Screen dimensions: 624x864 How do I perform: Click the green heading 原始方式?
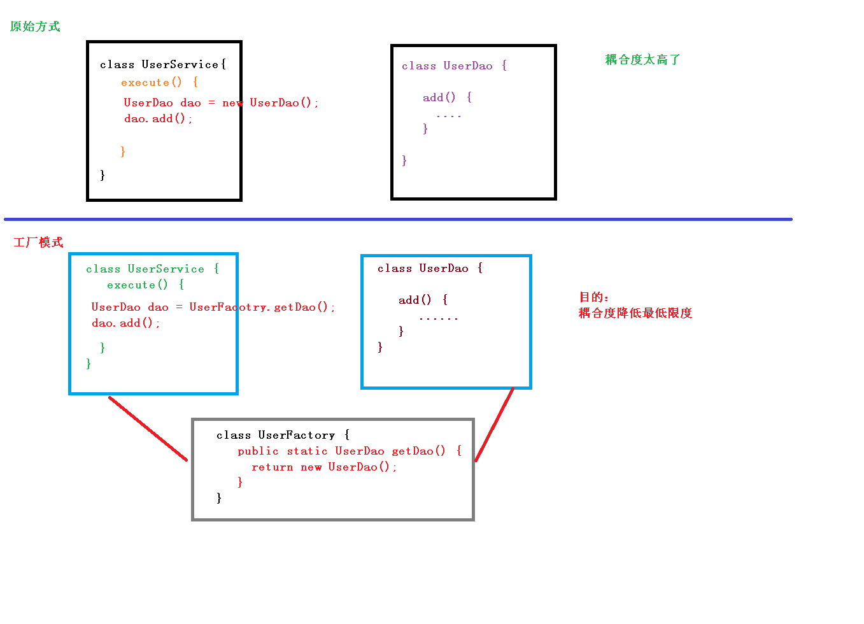(35, 27)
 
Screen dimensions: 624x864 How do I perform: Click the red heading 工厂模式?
(38, 243)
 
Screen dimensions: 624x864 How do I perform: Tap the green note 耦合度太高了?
(642, 60)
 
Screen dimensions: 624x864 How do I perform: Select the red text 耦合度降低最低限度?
(635, 313)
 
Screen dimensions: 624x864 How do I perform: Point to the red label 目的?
(593, 297)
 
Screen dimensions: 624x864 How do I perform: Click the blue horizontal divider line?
(398, 219)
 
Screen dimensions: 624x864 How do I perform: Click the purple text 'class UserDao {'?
(454, 66)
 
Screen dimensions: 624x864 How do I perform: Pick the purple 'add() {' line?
(447, 97)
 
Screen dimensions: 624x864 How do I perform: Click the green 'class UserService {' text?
(152, 269)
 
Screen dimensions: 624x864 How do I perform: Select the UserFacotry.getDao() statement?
(261, 308)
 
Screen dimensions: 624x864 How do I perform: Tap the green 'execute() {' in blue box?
(145, 285)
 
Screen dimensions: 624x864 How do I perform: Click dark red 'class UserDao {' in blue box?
(430, 269)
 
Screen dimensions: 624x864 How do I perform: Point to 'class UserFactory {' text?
(283, 436)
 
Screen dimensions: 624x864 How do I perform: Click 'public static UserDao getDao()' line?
(349, 451)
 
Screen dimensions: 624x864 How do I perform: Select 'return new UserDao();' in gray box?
(323, 467)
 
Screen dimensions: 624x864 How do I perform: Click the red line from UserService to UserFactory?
(148, 429)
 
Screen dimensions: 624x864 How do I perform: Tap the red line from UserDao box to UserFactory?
(494, 424)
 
